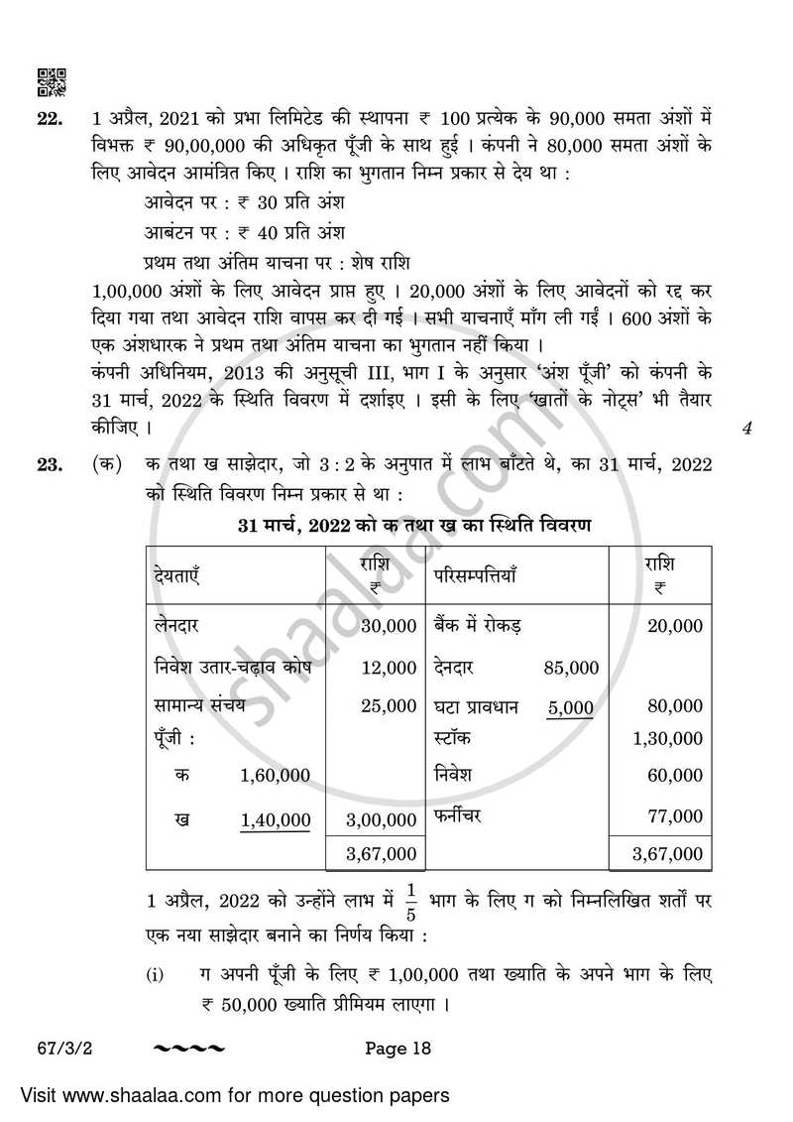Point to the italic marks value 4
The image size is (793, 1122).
coord(746,430)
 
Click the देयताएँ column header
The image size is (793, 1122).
coord(178,575)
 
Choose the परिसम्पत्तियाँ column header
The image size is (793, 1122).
coord(474,575)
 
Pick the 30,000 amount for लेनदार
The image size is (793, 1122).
coord(389,626)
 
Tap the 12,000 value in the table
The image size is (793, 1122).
coord(389,668)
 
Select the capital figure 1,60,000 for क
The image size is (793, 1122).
coord(275,775)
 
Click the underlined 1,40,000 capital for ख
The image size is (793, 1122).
coord(275,819)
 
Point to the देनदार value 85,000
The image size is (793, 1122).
coord(571,668)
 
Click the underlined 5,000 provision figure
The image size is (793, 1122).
coord(570,707)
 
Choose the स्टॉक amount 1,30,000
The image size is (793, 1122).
coord(667,739)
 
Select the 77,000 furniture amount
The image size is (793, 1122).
coord(674,815)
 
